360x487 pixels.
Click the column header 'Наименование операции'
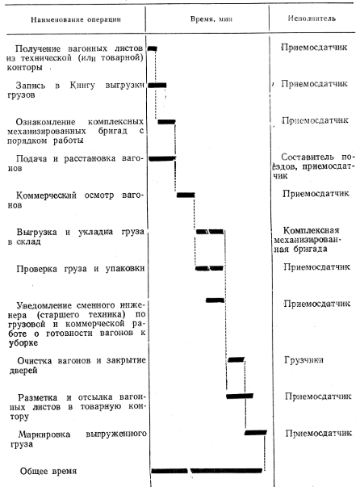[x=76, y=19]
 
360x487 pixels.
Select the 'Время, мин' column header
[x=211, y=19]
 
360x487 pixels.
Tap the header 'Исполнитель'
[x=312, y=19]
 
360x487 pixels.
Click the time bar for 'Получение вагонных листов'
[x=153, y=48]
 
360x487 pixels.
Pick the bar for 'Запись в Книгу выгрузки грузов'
[x=157, y=85]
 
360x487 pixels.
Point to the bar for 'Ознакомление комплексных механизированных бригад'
[x=166, y=122]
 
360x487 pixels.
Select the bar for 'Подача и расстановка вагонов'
[x=162, y=159]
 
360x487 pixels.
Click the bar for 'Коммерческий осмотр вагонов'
[x=186, y=195]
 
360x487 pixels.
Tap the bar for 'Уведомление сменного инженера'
[x=215, y=300]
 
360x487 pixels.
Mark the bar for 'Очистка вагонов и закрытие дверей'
[x=237, y=359]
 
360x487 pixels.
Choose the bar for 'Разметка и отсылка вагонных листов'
[x=240, y=396]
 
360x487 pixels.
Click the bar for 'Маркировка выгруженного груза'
[x=256, y=432]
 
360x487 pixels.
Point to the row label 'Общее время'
[x=48, y=471]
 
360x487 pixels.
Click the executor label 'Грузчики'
[x=303, y=360]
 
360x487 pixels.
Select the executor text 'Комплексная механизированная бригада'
[x=307, y=240]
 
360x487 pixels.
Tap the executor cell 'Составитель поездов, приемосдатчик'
[x=313, y=166]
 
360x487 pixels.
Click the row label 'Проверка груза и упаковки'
[x=81, y=269]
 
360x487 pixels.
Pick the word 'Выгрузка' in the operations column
[x=36, y=233]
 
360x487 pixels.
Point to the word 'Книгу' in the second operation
[x=82, y=85]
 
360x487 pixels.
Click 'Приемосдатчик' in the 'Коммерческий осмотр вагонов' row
[x=316, y=194]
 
